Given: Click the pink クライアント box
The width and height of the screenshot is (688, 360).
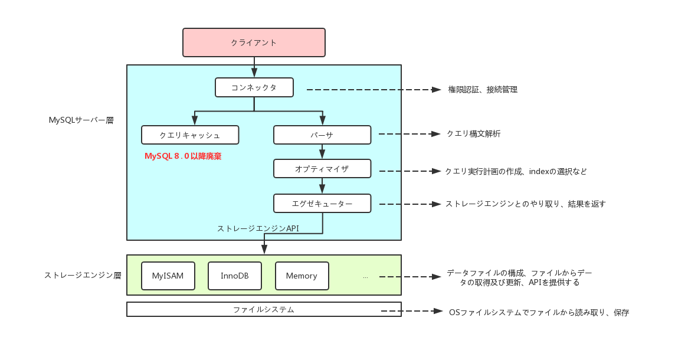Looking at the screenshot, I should [x=254, y=42].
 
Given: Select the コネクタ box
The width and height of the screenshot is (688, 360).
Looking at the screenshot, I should [x=254, y=87].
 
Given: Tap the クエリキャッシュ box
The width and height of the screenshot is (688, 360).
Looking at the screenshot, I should [x=190, y=135].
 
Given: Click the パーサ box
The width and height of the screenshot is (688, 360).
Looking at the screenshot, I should [x=322, y=135].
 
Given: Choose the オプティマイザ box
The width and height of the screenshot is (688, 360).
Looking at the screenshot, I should [x=322, y=169].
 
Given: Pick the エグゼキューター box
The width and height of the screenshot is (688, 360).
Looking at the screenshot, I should [x=322, y=204].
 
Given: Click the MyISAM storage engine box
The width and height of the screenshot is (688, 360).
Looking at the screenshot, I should [x=168, y=276].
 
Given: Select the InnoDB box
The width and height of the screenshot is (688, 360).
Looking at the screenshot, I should [x=234, y=276].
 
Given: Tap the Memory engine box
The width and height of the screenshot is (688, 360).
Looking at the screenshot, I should [x=302, y=276].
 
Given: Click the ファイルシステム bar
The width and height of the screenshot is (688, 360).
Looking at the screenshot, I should [x=263, y=309].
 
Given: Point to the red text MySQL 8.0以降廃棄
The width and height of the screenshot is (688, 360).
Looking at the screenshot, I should [x=183, y=156].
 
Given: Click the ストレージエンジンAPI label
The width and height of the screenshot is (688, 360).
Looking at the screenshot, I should [x=258, y=228].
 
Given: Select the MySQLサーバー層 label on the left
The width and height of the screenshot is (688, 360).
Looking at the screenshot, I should [x=81, y=120].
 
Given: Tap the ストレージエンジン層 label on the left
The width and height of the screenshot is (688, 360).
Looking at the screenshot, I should [x=83, y=275].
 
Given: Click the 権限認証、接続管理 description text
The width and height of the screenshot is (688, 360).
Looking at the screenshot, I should [x=483, y=90].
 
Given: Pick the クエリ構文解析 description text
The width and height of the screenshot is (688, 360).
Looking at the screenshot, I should [x=473, y=134].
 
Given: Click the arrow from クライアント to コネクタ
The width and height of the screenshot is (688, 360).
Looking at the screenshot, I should [x=254, y=67].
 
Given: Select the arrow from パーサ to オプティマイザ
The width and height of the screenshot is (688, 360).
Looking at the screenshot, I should [x=322, y=152].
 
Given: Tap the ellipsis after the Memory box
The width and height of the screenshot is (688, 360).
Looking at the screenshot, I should [x=365, y=276].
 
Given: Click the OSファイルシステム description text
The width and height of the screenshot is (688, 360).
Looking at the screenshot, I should [x=539, y=312].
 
